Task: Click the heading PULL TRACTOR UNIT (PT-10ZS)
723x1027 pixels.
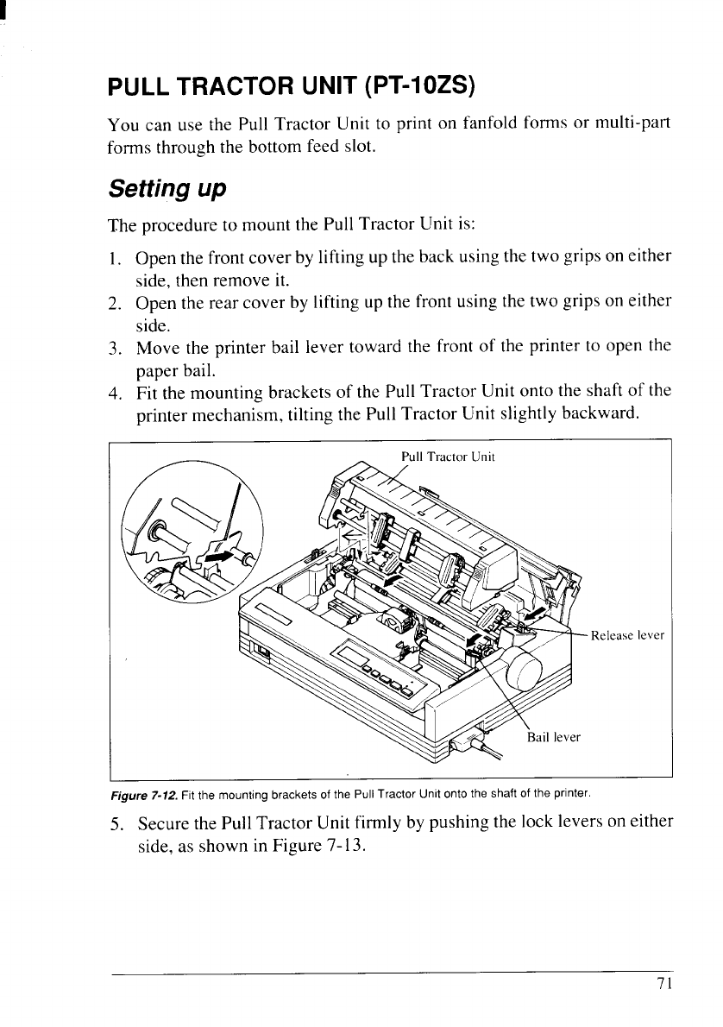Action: (292, 87)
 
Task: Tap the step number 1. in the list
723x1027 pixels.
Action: (114, 258)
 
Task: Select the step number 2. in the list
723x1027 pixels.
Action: (114, 303)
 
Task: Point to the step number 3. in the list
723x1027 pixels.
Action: (114, 348)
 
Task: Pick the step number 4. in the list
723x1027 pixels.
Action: (114, 393)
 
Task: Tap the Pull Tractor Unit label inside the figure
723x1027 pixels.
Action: (448, 456)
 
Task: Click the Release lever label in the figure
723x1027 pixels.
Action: (626, 636)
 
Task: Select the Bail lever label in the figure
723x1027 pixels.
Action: (554, 737)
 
